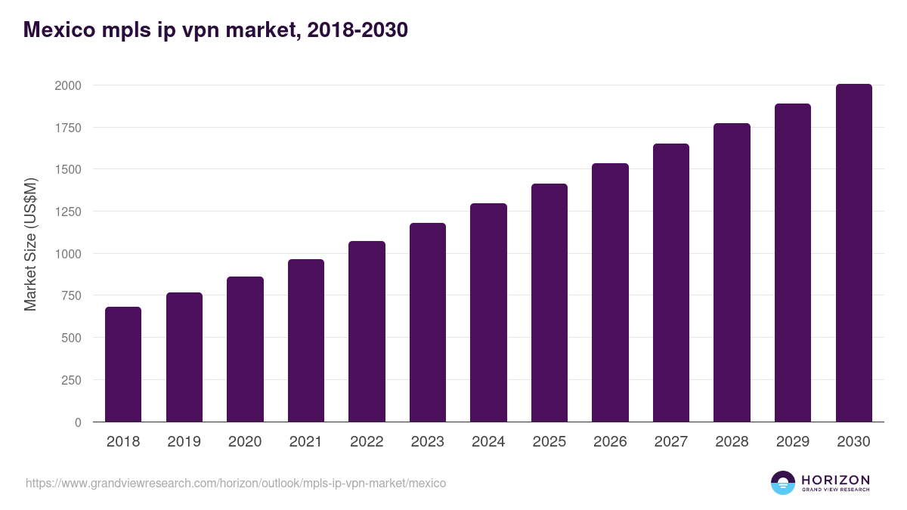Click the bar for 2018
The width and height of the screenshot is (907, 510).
click(x=123, y=364)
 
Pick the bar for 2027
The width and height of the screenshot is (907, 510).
click(x=671, y=283)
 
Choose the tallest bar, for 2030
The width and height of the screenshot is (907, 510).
click(x=853, y=253)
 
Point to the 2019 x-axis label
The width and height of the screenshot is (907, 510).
click(x=184, y=442)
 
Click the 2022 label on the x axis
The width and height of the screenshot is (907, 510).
click(x=367, y=442)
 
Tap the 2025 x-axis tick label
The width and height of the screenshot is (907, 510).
click(x=549, y=442)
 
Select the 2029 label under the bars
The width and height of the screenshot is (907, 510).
click(x=793, y=442)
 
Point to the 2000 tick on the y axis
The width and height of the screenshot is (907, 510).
click(x=67, y=85)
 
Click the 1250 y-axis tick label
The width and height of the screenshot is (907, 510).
click(x=67, y=212)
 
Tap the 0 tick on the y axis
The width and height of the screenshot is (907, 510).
click(x=78, y=422)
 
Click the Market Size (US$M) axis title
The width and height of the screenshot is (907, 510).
click(x=30, y=245)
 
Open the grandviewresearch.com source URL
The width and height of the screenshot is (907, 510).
click(x=236, y=483)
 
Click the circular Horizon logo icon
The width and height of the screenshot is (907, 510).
click(x=783, y=483)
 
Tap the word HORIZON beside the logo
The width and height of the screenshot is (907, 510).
click(x=835, y=479)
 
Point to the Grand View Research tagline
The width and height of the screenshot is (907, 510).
click(x=835, y=490)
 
